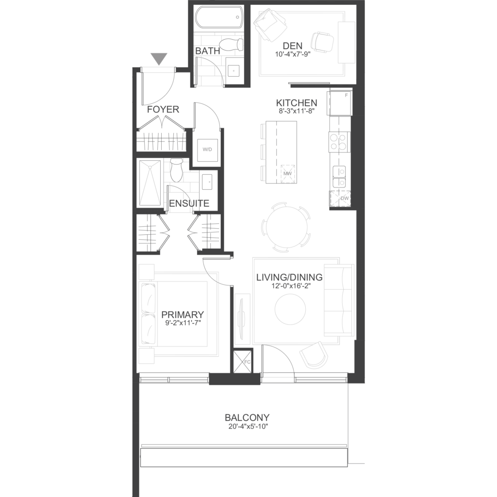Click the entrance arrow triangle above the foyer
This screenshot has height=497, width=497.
tap(159, 59)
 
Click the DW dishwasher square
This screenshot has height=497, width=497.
tap(340, 199)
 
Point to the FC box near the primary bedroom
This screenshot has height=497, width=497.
tap(243, 361)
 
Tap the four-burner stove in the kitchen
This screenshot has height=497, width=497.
tap(338, 142)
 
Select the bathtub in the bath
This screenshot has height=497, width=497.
tap(219, 19)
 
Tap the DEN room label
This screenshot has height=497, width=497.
tap(293, 46)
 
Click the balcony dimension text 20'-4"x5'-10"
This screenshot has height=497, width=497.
tap(248, 426)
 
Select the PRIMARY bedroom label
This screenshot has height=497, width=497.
tap(182, 315)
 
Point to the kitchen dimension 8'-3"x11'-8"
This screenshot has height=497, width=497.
tap(297, 111)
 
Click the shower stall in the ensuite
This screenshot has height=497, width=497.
tap(150, 184)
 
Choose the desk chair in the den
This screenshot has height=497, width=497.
tap(323, 43)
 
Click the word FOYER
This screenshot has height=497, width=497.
tap(163, 110)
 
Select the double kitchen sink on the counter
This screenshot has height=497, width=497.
tap(339, 177)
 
